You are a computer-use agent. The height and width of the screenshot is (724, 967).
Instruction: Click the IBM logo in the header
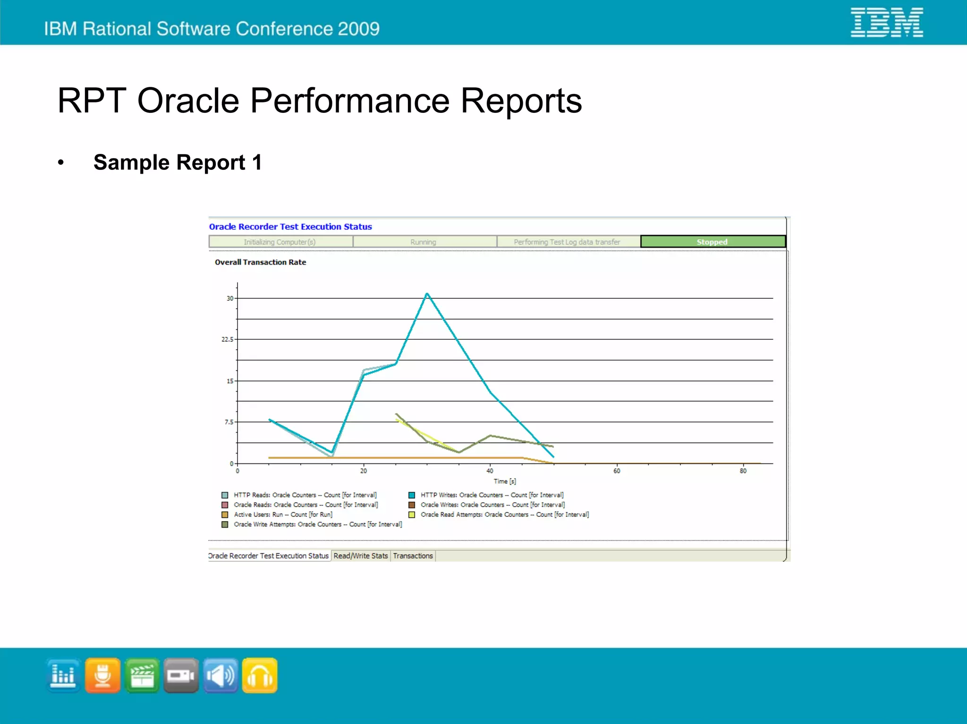[886, 22]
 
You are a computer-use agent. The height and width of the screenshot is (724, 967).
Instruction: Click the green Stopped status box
[713, 242]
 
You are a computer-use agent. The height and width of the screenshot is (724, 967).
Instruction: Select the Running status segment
[424, 242]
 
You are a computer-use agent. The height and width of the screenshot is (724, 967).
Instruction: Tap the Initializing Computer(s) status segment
[280, 242]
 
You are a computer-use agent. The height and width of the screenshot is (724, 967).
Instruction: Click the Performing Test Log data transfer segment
[567, 242]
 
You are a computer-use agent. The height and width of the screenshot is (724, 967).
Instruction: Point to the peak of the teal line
[427, 294]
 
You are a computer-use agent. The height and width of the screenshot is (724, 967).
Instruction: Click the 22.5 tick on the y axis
[228, 339]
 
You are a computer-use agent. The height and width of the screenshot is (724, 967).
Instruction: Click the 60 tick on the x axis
[617, 471]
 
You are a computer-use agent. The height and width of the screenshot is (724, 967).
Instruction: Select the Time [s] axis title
[505, 481]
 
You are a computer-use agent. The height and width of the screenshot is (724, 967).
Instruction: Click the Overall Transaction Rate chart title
[260, 262]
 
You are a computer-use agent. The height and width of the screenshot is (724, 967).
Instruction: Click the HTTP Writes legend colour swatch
[412, 495]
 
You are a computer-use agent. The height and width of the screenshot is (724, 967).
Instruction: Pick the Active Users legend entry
[283, 514]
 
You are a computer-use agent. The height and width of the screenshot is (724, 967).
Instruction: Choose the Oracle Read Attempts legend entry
[504, 514]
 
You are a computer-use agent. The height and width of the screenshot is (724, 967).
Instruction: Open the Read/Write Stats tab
[360, 556]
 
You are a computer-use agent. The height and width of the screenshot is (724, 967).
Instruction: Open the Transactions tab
[413, 556]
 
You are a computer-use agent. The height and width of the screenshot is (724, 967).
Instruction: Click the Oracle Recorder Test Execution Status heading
[290, 227]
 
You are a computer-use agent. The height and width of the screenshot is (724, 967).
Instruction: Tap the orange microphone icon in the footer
[102, 675]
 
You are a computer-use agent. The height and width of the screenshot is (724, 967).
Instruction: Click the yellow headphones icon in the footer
[260, 675]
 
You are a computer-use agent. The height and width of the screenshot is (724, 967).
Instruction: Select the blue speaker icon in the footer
[221, 675]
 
